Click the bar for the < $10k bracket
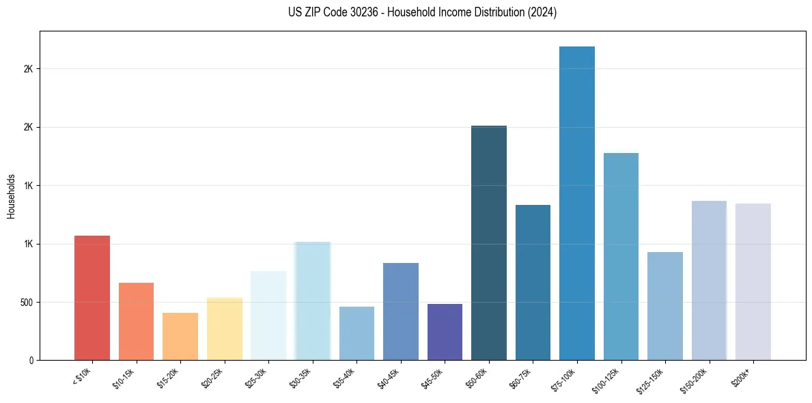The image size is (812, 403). (92, 298)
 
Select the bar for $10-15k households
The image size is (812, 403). (136, 321)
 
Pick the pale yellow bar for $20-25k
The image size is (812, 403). (224, 329)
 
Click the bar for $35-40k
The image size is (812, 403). (356, 333)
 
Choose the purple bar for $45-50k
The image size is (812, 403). (445, 332)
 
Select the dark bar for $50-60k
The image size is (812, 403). (489, 242)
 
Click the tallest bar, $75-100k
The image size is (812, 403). (577, 203)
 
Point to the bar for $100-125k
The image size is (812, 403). (621, 256)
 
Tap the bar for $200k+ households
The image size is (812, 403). (753, 281)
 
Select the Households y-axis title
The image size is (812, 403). (12, 196)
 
